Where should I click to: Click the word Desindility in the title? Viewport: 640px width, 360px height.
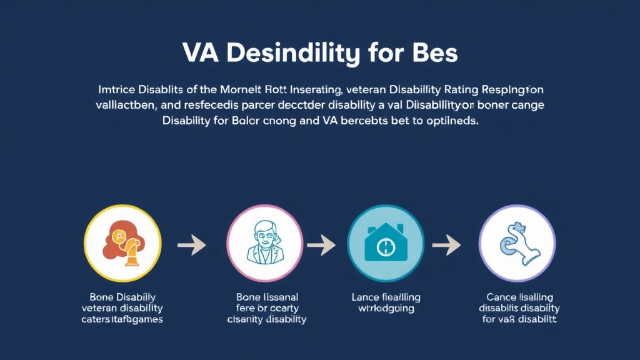tap(292, 54)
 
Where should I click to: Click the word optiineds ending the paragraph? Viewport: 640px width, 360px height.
tap(445, 121)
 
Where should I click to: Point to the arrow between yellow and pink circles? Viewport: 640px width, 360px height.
tap(191, 246)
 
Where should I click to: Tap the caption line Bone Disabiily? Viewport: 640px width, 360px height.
tap(122, 297)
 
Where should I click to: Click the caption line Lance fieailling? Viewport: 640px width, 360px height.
tap(386, 297)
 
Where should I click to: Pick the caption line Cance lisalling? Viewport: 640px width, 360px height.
tap(519, 297)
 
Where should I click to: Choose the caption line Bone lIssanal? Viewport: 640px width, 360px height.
tap(267, 297)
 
